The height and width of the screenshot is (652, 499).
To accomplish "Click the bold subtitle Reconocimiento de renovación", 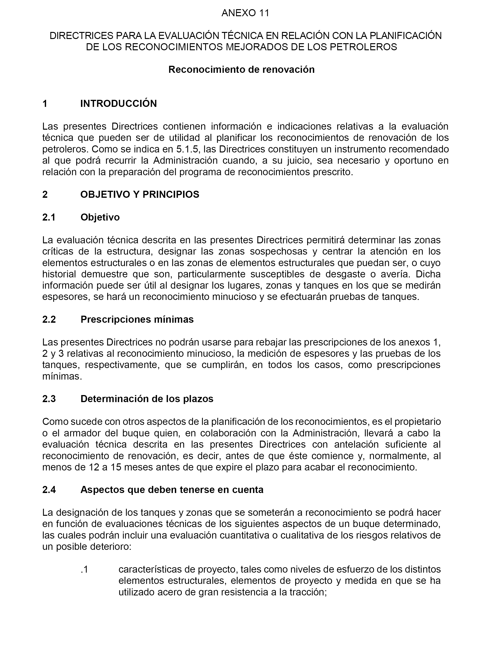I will tap(241, 70).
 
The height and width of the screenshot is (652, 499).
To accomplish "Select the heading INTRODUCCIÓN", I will tap(119, 104).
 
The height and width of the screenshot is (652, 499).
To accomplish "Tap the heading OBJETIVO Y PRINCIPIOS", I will tap(140, 195).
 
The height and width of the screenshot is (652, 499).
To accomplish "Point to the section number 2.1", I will tap(49, 217).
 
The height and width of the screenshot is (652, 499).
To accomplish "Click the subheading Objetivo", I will tap(100, 217).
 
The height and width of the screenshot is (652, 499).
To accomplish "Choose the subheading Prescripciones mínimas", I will tap(137, 319).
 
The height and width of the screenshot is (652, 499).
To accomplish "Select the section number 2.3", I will tap(49, 399).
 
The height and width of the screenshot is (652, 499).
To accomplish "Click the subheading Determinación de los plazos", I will tap(147, 399).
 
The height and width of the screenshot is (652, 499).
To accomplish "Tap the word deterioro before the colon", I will tap(108, 547).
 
